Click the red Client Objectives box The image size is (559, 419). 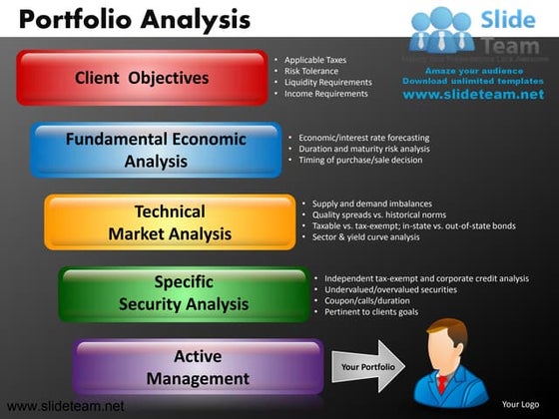(142, 78)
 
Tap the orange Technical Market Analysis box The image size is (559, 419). (170, 222)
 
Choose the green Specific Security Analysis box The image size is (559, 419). (184, 292)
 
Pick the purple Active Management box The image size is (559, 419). (198, 367)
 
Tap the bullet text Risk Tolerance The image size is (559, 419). (311, 72)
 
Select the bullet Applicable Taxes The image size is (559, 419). (316, 60)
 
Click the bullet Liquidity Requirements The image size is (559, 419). (327, 83)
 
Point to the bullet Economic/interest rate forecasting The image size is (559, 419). (363, 138)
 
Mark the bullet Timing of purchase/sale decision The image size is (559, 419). (359, 160)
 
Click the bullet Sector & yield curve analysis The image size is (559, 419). (365, 237)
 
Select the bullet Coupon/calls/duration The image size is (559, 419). (367, 300)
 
